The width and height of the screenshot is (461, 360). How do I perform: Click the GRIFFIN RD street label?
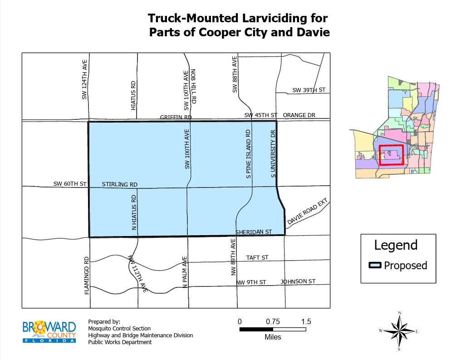coord(176,117)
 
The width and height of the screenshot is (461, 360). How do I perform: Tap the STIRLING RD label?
coord(119,184)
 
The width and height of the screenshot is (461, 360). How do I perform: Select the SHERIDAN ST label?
coord(253,232)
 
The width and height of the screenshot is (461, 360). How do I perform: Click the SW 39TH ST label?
coord(309,90)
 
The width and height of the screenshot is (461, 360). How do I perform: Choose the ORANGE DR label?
coord(299,115)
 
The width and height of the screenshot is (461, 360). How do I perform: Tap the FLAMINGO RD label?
coord(87,275)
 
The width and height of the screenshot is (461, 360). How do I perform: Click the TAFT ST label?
coord(257,257)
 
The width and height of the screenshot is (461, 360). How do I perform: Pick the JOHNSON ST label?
coord(298,281)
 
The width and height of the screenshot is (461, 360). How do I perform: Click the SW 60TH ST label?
coord(69,184)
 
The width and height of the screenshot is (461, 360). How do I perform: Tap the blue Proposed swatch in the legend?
coord(374,266)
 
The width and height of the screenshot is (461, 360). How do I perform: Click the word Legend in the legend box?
coord(396,245)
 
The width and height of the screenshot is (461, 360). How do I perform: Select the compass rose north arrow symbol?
coord(399,330)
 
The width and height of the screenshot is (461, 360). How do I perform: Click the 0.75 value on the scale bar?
coord(273,321)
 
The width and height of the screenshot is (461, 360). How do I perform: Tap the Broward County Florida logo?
coord(49,331)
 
